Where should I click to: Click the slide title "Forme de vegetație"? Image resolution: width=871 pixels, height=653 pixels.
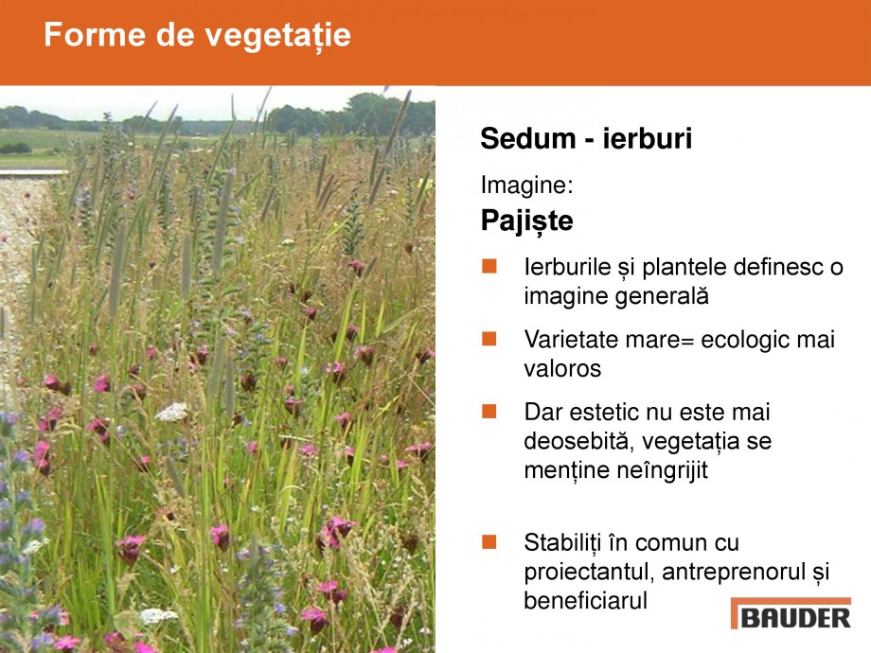(x=197, y=35)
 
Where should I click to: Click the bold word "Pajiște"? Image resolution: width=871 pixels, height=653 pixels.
(x=526, y=221)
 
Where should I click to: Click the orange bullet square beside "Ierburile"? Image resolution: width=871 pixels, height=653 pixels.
(x=489, y=266)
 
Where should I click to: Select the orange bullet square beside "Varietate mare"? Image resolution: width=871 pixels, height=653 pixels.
(x=489, y=338)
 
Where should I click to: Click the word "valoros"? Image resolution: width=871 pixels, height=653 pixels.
(x=562, y=369)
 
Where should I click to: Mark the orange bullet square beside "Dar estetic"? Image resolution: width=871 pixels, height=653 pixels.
(x=489, y=411)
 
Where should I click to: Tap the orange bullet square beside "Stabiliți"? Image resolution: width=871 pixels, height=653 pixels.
(x=489, y=542)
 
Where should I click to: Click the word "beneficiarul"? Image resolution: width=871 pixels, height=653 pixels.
(x=585, y=601)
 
